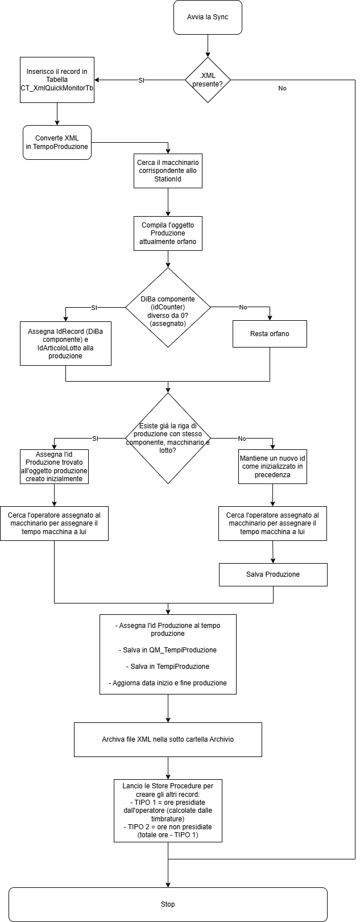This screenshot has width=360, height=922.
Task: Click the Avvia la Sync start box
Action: (208, 18)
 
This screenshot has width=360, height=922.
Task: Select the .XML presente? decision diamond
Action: (208, 80)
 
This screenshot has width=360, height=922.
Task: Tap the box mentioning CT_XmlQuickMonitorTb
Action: (57, 80)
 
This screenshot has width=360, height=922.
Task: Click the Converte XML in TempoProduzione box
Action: (57, 142)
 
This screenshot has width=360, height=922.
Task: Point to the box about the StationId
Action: (168, 171)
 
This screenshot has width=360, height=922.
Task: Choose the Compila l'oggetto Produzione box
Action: (168, 233)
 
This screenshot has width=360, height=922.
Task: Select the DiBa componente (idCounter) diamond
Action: (168, 307)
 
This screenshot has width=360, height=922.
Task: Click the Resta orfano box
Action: (270, 334)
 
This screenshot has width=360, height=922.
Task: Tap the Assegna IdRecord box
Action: (65, 344)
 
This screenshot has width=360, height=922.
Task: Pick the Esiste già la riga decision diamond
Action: (168, 438)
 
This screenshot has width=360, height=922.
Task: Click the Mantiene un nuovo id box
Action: (272, 466)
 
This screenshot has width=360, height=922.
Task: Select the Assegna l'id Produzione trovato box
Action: (54, 466)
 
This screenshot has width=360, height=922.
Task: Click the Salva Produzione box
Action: (273, 574)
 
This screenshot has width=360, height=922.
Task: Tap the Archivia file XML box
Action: (168, 739)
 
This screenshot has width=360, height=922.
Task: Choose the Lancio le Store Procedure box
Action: (168, 811)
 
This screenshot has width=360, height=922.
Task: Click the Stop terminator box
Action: (168, 904)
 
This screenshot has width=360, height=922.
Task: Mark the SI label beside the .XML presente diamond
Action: (141, 80)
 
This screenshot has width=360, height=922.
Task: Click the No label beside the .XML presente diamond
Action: (282, 88)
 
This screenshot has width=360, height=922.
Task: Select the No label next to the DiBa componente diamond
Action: (243, 307)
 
